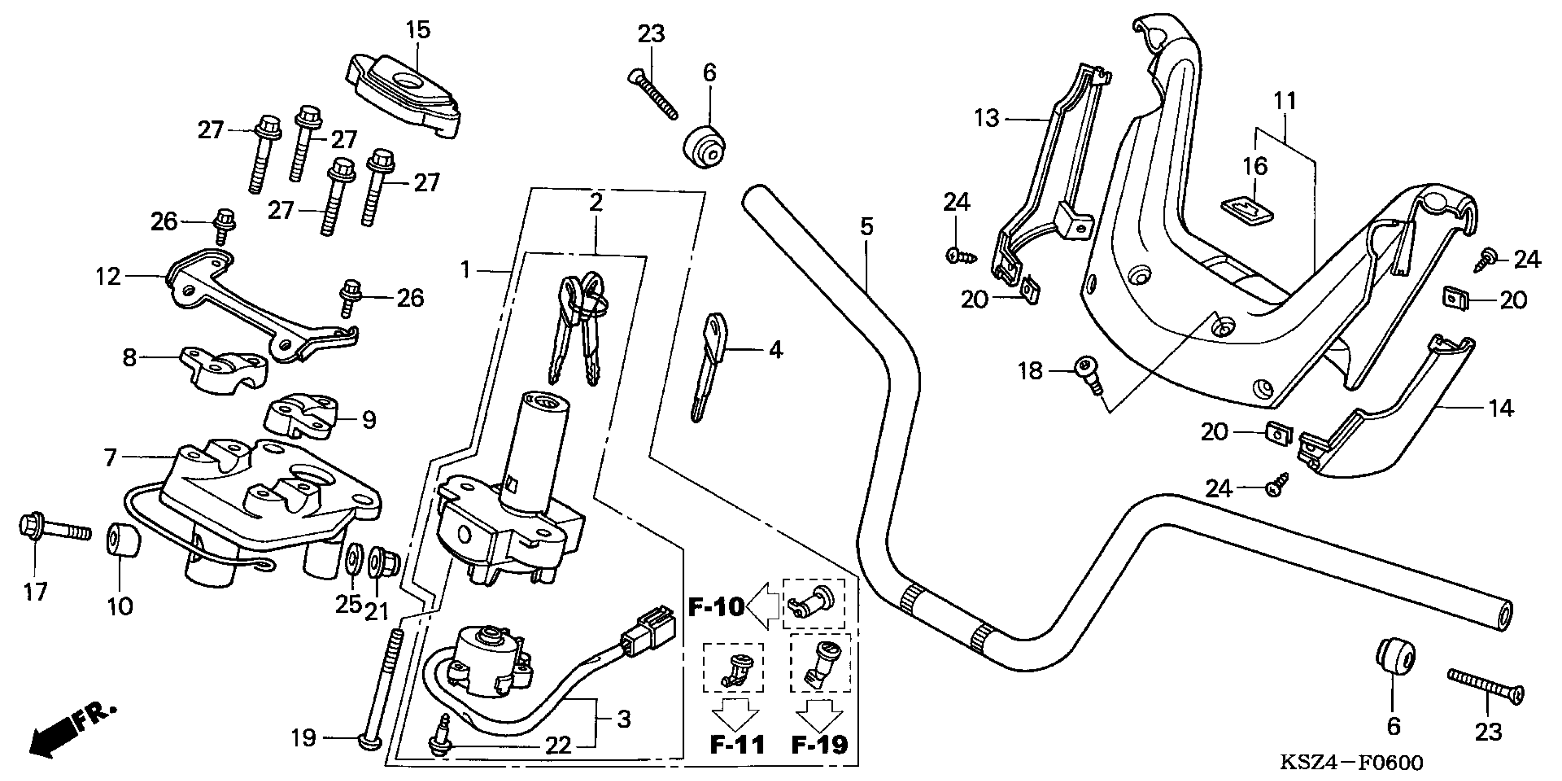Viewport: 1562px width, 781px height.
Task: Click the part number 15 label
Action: pyautogui.click(x=418, y=30)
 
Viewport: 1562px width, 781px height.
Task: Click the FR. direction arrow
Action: pyautogui.click(x=70, y=730)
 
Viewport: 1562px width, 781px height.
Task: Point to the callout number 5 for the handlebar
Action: pyautogui.click(x=867, y=227)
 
